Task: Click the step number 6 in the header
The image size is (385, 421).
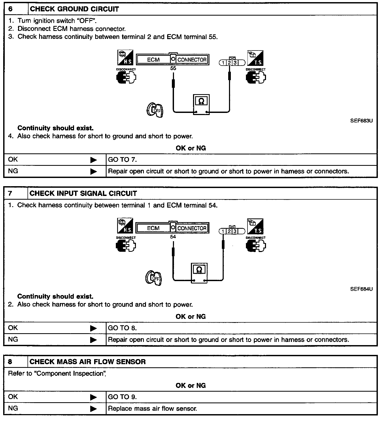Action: [x=11, y=9]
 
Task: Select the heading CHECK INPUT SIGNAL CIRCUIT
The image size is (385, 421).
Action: [x=83, y=193]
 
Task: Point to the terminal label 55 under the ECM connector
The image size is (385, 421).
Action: [x=173, y=68]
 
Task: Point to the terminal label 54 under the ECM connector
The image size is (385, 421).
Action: [x=173, y=237]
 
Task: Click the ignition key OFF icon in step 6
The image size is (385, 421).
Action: [x=155, y=110]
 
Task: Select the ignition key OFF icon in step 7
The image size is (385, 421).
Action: [x=154, y=278]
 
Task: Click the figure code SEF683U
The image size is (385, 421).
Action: [x=361, y=121]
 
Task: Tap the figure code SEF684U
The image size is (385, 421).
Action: [x=361, y=289]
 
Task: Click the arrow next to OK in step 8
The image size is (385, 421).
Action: [x=93, y=397]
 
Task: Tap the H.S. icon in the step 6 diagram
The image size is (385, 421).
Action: [x=125, y=57]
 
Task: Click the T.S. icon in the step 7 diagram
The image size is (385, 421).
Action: [x=255, y=226]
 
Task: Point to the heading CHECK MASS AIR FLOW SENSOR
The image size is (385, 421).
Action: [x=88, y=362]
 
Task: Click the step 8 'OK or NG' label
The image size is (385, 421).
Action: [x=191, y=385]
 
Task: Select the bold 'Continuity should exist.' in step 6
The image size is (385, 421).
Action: [x=56, y=128]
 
